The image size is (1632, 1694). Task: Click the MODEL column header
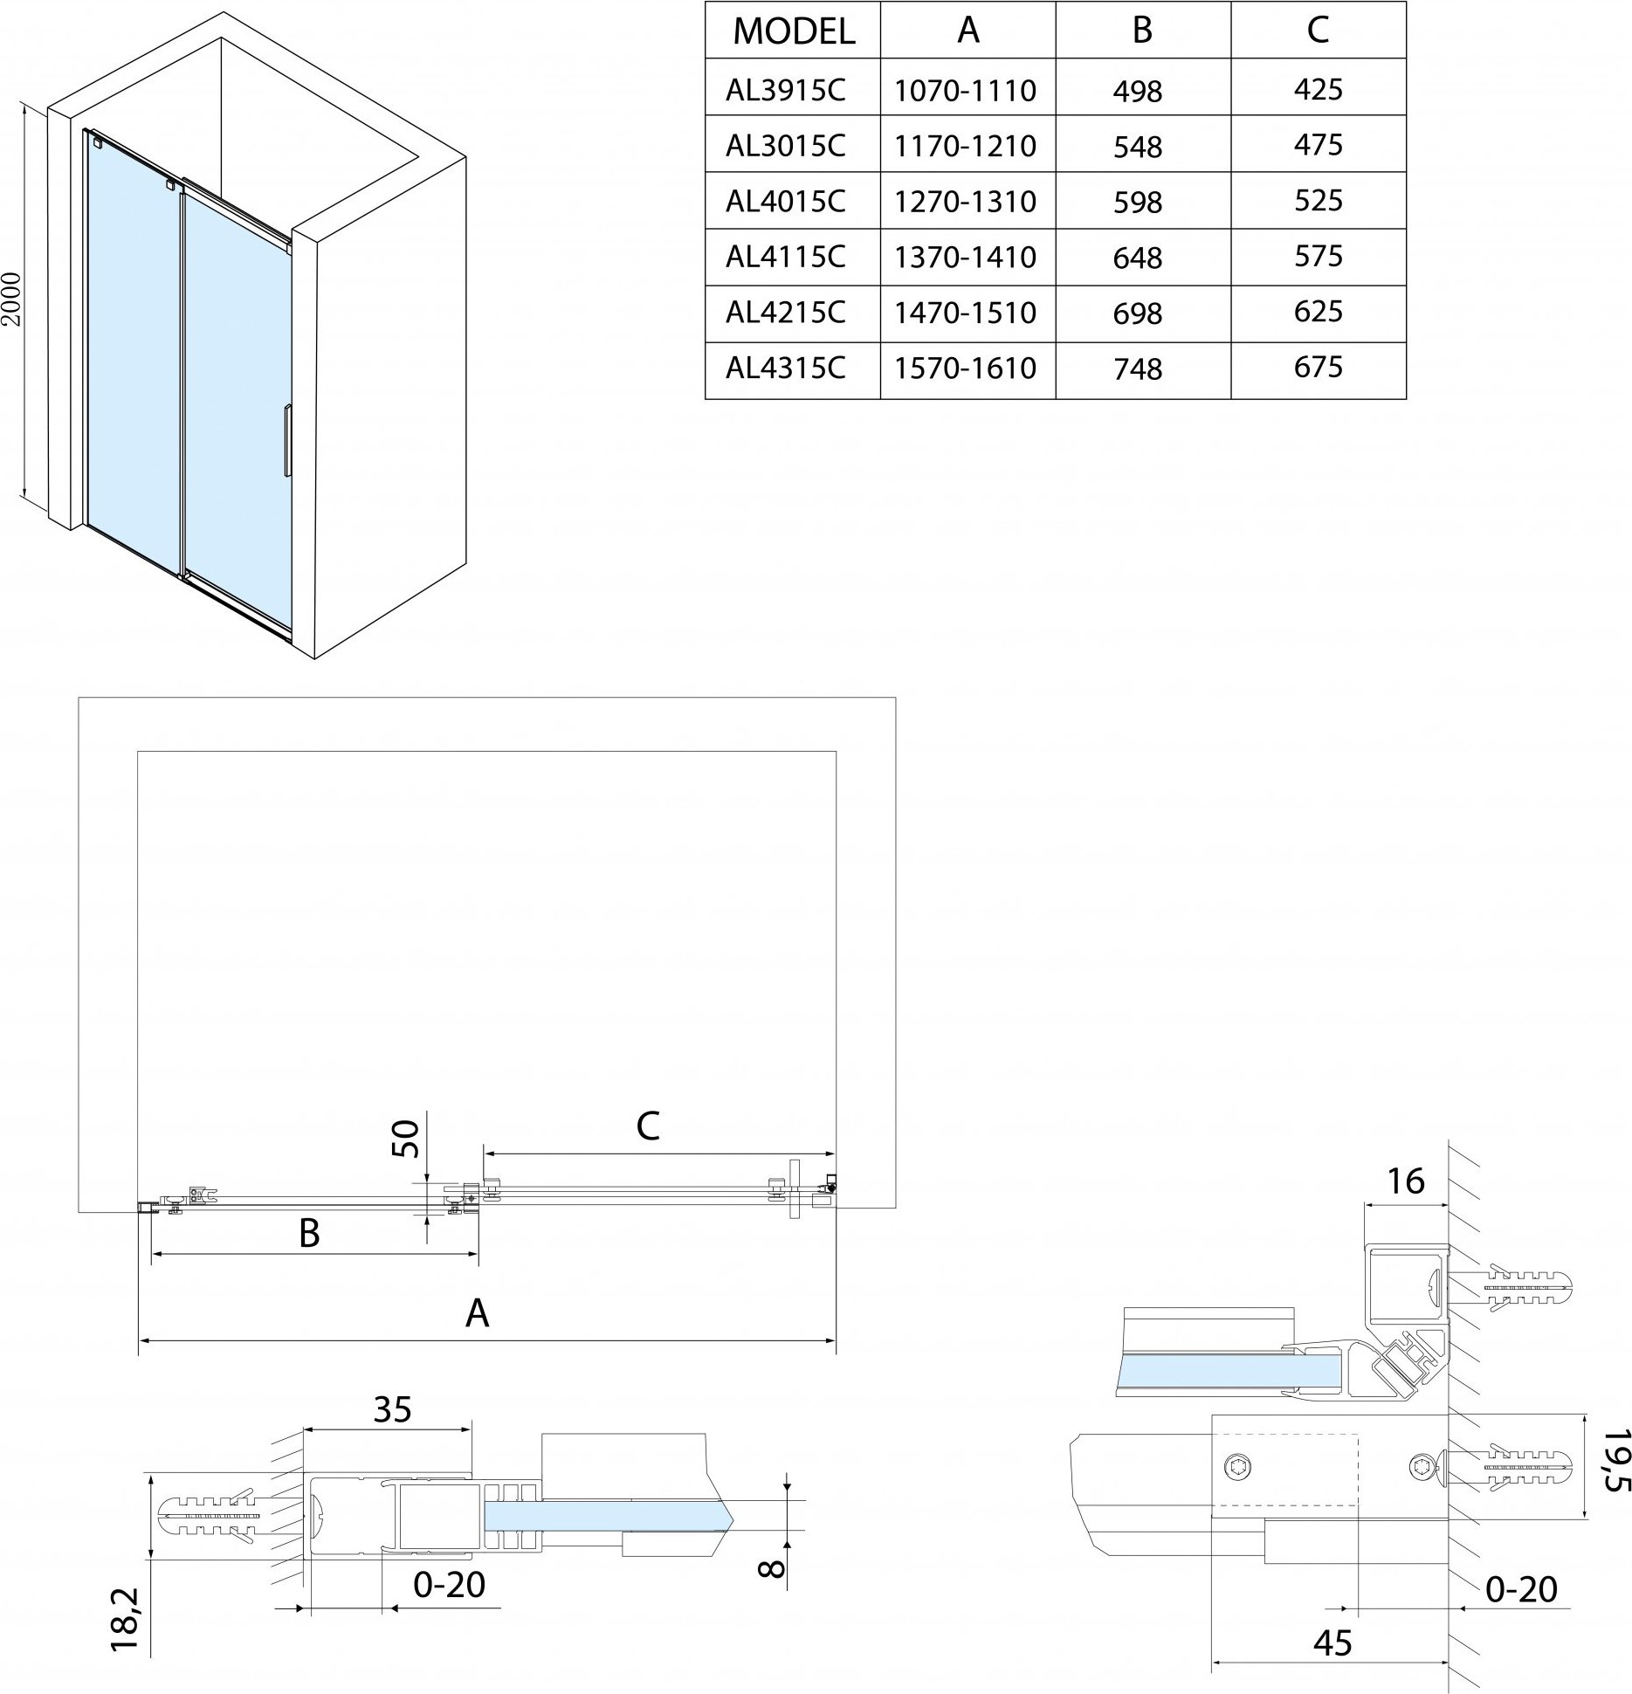tap(793, 31)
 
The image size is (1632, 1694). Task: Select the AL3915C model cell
tap(785, 89)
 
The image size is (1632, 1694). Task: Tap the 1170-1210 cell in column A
tap(965, 145)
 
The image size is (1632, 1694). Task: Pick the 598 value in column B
tap(1138, 203)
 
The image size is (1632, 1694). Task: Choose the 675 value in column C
tap(1318, 367)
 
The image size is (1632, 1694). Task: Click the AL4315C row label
tap(785, 368)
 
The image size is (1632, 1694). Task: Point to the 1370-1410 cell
tap(965, 257)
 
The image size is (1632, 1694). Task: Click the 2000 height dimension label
tap(11, 300)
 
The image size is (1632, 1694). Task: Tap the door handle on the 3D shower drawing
tap(286, 441)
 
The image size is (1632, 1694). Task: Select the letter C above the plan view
tap(647, 1126)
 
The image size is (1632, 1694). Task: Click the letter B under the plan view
tap(309, 1234)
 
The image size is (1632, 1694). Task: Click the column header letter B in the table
tap(1141, 31)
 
